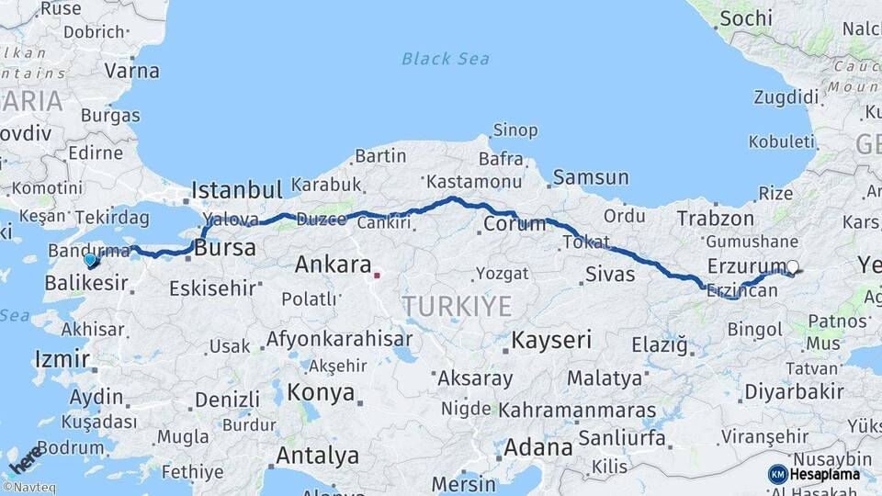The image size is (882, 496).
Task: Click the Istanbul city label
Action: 236,191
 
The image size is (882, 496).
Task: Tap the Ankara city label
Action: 333,265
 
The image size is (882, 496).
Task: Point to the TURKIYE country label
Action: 457,307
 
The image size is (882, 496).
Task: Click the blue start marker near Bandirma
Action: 90,260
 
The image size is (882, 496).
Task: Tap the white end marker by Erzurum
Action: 792,267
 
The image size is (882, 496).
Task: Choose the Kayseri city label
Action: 551,340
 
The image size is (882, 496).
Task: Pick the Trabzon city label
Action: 715,219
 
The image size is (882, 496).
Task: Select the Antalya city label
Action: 317,456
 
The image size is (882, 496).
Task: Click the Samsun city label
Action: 591,177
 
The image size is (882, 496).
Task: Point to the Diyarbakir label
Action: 794,391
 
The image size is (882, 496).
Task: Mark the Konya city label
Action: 321,393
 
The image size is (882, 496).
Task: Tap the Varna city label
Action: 131,71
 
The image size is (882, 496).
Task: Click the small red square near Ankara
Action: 377,274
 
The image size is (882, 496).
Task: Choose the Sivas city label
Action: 610,274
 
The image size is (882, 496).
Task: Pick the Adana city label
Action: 538,448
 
